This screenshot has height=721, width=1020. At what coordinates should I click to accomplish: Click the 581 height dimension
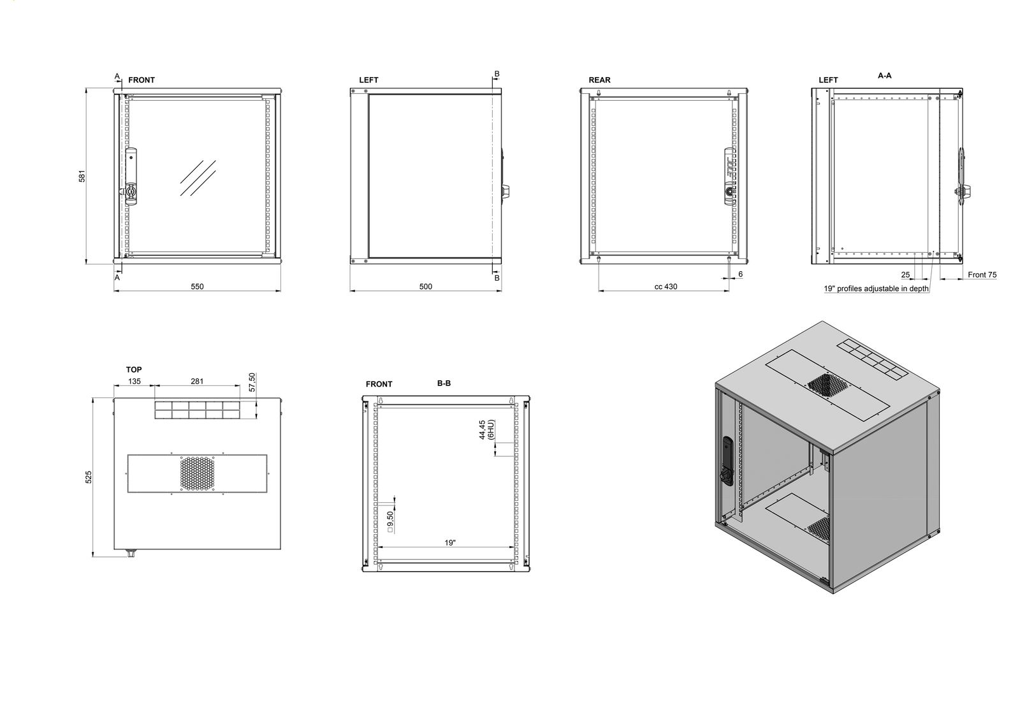82,176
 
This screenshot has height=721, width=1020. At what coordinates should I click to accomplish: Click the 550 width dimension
197,286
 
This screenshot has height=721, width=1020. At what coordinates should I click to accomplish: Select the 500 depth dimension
426,286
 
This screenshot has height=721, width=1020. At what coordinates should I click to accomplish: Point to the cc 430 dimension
666,286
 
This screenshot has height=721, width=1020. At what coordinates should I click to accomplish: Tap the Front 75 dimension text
982,275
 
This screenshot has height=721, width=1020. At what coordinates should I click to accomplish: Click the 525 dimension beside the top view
89,477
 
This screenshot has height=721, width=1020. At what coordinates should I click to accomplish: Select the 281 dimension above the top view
197,382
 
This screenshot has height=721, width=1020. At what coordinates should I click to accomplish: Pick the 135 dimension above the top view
135,382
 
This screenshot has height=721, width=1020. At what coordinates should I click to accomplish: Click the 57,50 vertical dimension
252,382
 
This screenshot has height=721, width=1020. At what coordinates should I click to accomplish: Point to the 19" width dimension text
450,543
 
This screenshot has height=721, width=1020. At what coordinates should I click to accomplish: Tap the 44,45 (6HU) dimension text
486,430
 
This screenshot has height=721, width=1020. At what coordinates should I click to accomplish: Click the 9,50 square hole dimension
390,522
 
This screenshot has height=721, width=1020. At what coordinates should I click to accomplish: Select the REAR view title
599,80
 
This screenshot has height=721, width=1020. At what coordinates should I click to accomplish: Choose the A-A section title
885,76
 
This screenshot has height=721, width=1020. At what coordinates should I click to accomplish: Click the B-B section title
444,383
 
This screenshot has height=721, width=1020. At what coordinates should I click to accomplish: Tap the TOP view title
134,369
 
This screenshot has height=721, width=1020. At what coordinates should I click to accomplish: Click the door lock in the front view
130,192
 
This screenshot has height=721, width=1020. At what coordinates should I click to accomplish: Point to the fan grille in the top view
197,473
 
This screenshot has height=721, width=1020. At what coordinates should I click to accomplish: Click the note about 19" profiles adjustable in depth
876,288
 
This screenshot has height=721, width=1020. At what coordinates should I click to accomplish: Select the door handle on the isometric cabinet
728,461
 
